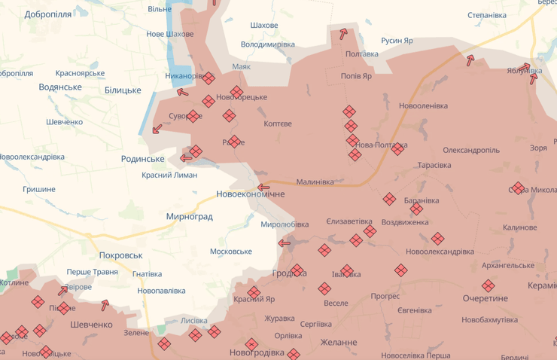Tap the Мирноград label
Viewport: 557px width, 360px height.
189,217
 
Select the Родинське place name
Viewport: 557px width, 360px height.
142,159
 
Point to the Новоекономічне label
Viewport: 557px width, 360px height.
251,194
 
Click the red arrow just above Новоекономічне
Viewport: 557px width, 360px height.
263,188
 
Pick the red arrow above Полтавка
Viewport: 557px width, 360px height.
343,33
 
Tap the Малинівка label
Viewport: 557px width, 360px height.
315,182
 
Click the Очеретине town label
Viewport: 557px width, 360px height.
485,298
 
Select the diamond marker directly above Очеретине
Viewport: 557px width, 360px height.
489,285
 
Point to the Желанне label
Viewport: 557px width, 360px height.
339,343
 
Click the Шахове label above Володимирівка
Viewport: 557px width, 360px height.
263,26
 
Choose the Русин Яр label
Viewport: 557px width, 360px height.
397,41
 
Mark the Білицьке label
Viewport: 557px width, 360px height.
123,90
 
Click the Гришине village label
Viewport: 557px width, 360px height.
39,189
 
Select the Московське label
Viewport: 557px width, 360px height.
231,251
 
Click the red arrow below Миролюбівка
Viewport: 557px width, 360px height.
285,243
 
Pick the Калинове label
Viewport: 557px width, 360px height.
519,227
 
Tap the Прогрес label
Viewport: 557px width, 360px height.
385,296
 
